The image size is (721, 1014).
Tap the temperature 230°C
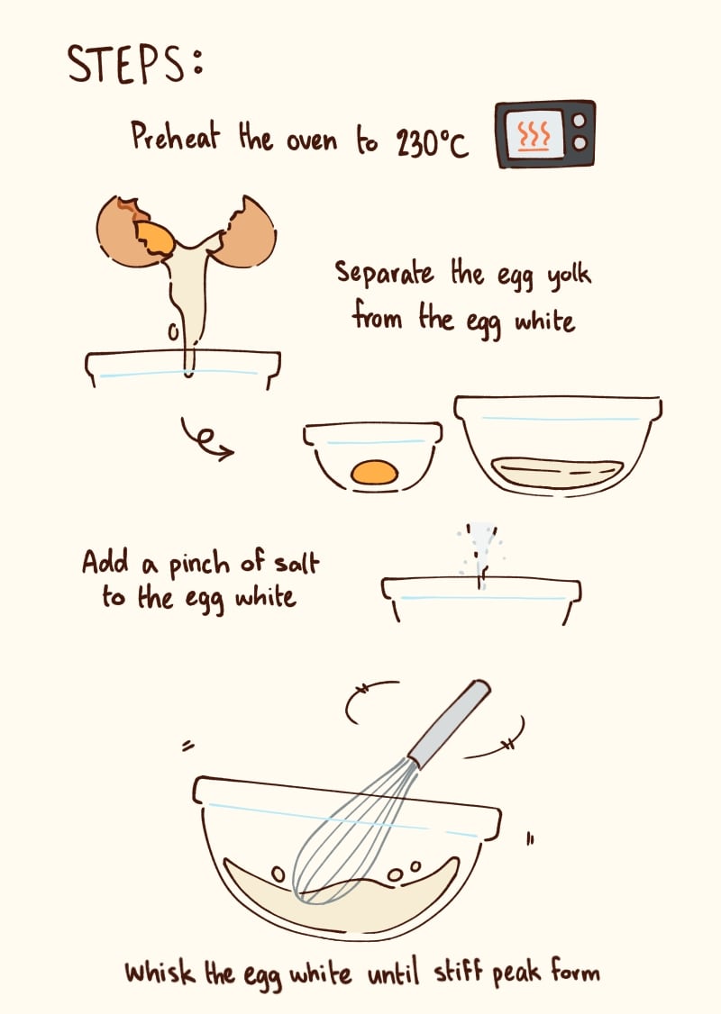[432, 141]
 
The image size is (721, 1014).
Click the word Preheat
[176, 137]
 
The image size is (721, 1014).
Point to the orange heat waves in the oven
[534, 133]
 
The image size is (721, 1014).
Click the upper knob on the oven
[580, 121]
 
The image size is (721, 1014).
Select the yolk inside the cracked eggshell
[155, 238]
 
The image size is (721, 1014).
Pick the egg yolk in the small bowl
[374, 473]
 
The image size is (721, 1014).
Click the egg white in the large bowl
[557, 473]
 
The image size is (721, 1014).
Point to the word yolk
[569, 276]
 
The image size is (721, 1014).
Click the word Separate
[384, 272]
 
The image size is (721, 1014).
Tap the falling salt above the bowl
[480, 552]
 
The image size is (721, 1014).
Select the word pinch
[199, 565]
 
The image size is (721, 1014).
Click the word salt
[297, 562]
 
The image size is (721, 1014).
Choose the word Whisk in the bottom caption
[160, 972]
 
